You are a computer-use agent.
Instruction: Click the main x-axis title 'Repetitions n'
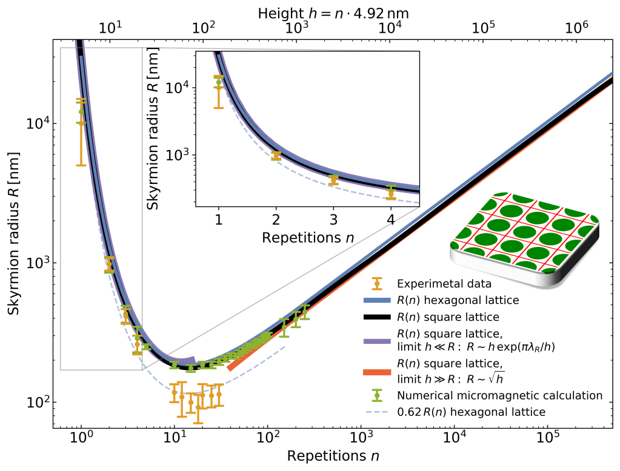point(333,455)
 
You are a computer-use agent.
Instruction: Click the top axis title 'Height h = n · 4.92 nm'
point(333,12)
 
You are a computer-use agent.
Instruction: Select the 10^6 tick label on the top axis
point(577,28)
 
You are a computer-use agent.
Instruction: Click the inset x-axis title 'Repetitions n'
point(308,237)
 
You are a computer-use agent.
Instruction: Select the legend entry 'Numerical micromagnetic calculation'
point(500,395)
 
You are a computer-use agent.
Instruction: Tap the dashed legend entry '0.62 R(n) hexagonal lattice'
point(472,412)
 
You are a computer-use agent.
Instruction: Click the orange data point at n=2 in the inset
point(276,156)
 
